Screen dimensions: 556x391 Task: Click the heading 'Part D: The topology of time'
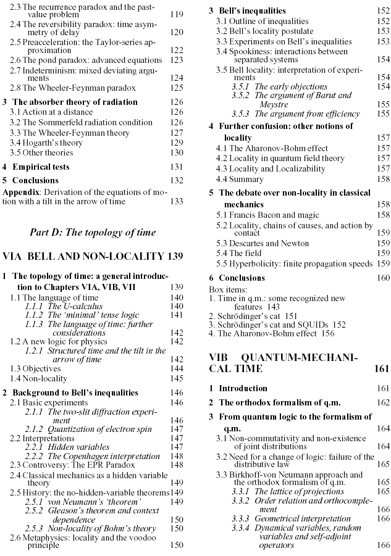[93, 232]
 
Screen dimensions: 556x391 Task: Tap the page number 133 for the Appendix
[177, 201]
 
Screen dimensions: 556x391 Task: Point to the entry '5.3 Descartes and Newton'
[262, 243]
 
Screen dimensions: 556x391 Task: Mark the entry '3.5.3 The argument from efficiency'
[295, 114]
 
